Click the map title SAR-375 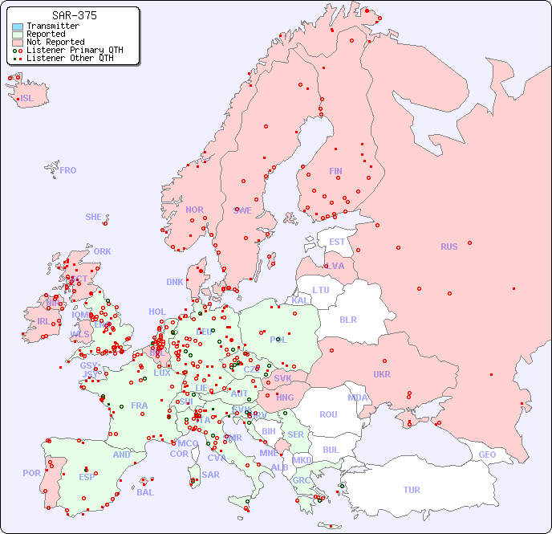pos(74,15)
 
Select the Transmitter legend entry pos(52,26)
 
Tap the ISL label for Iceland pos(27,99)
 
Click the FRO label pos(68,170)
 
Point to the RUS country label pos(448,247)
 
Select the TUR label pos(412,490)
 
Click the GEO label pos(487,455)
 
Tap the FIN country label pos(335,171)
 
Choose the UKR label pos(382,374)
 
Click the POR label pos(31,473)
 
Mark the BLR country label pos(347,319)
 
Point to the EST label pos(337,242)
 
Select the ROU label pos(328,414)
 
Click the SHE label pos(94,217)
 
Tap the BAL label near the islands pos(145,492)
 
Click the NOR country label pos(194,210)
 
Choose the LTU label pos(321,290)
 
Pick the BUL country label pos(331,450)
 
